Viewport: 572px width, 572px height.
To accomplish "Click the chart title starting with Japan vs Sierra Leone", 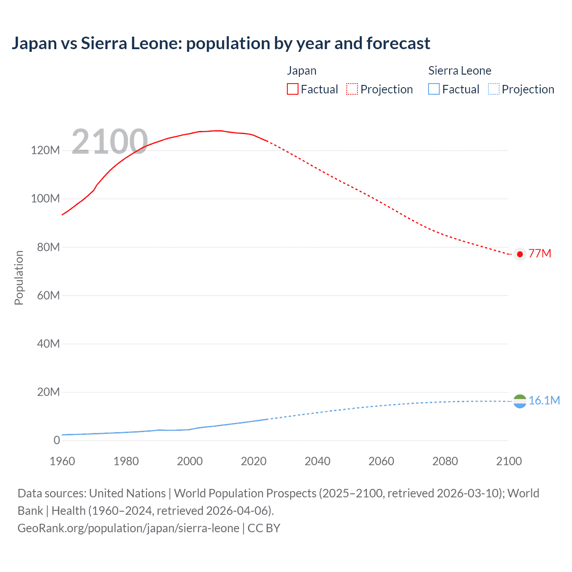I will pos(221,43).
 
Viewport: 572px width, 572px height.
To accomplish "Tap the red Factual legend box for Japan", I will pos(292,89).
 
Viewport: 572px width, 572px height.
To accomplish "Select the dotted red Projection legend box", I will pos(352,89).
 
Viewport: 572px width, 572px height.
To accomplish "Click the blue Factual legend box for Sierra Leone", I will pos(434,89).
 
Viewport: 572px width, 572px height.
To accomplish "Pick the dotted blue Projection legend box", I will pos(493,89).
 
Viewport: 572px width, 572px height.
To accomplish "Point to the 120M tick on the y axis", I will pos(45,151).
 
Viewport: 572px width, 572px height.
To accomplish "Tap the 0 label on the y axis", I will pos(57,441).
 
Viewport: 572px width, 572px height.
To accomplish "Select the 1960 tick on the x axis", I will pos(62,461).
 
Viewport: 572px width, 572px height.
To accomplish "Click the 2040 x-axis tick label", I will pos(317,461).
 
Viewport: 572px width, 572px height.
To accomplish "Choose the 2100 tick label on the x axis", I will pos(509,461).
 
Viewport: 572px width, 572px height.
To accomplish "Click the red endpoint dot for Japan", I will pos(520,254).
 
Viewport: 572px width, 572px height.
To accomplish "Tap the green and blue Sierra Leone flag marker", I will pos(520,401).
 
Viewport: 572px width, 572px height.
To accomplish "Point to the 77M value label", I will pos(540,254).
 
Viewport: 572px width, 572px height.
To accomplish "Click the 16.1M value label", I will pos(544,400).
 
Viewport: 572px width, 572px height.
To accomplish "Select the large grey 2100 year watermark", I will pos(109,142).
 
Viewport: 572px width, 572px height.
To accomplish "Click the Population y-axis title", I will pos(19,278).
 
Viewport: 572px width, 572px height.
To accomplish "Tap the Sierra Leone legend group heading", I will pos(459,71).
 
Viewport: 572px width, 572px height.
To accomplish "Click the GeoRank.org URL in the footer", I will pos(128,528).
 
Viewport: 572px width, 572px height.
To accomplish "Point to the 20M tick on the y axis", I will pos(48,392).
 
